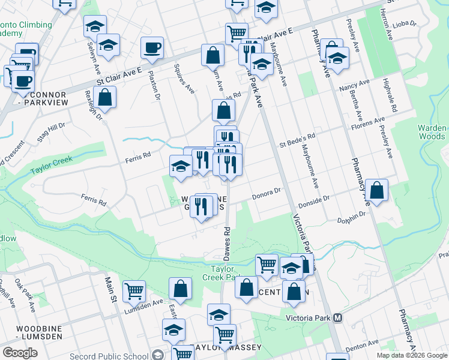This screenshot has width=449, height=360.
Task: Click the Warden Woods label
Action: click(432, 132)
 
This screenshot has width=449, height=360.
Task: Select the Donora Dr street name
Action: click(266, 193)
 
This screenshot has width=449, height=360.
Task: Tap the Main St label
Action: click(110, 285)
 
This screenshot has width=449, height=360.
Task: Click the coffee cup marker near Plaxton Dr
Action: click(152, 47)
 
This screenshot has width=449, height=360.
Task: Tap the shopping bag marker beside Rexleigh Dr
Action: click(104, 98)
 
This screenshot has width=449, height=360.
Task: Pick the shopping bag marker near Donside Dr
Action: click(376, 190)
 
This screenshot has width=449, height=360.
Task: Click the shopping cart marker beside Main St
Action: click(134, 291)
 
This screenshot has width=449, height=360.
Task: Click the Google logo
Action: click(20, 352)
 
